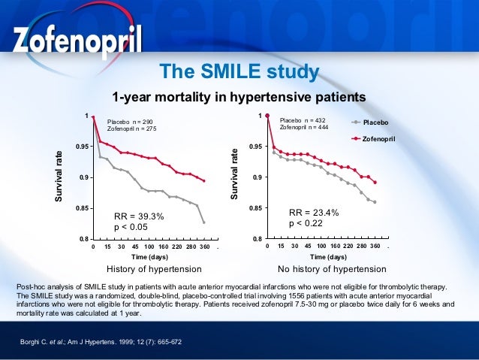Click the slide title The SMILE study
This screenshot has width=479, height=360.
pyautogui.click(x=239, y=72)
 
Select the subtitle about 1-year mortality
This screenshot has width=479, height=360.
pyautogui.click(x=239, y=97)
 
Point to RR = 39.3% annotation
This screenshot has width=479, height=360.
pyautogui.click(x=138, y=216)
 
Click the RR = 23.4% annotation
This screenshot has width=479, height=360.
pyautogui.click(x=314, y=213)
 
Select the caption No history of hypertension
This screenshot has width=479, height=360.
pyautogui.click(x=332, y=268)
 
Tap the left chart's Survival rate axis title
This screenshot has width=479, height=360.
pyautogui.click(x=59, y=177)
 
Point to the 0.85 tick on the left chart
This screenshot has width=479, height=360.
pyautogui.click(x=80, y=208)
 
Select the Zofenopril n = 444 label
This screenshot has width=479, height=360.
pyautogui.click(x=304, y=127)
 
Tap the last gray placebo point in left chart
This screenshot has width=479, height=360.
pyautogui.click(x=203, y=222)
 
